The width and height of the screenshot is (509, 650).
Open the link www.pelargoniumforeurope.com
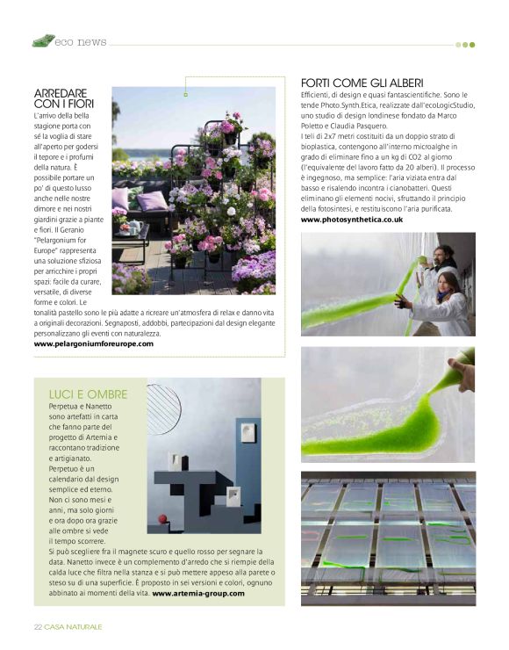pyautogui.click(x=94, y=343)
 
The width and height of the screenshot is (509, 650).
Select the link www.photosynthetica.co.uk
pyautogui.click(x=351, y=220)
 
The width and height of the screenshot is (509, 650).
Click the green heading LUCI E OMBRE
pyautogui.click(x=88, y=394)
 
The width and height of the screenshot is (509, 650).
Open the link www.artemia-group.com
pyautogui.click(x=198, y=593)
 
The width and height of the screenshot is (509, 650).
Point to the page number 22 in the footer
pyautogui.click(x=38, y=626)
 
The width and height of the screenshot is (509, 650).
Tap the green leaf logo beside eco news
pyautogui.click(x=43, y=40)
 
